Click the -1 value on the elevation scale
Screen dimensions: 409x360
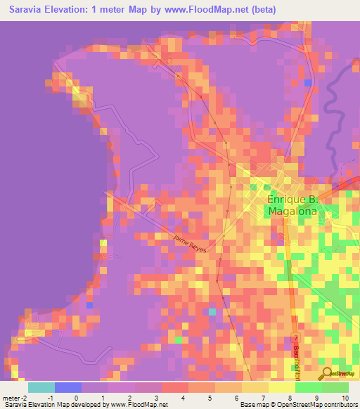(x=50, y=398)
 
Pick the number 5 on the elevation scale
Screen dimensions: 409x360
(x=209, y=398)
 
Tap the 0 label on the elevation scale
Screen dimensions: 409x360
(x=76, y=398)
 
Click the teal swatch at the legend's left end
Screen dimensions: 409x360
(x=41, y=387)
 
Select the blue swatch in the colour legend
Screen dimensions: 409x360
(x=68, y=387)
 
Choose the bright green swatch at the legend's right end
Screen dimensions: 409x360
(x=335, y=387)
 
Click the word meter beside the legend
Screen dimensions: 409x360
(x=13, y=398)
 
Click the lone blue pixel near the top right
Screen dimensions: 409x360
(x=308, y=83)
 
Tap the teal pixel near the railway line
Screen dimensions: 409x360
(x=212, y=311)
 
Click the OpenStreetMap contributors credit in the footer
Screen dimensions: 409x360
(x=318, y=405)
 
